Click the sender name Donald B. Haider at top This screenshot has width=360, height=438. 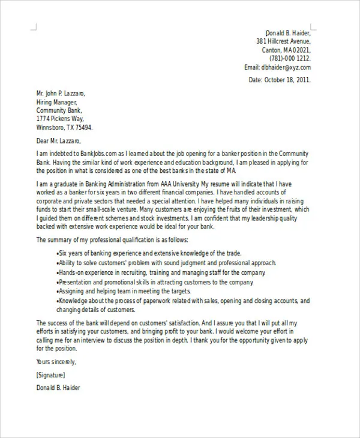coord(288,32)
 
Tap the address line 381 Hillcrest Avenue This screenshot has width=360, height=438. coord(283,41)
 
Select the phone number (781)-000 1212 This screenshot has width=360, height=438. coord(290,59)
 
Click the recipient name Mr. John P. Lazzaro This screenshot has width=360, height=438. coord(61,94)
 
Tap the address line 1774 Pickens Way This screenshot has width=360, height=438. coord(61,119)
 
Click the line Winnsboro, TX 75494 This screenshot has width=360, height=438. coord(64,128)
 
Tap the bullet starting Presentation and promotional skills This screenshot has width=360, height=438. coord(154,282)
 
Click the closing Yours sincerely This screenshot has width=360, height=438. coord(56,362)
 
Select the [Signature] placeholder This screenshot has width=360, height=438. coord(53,375)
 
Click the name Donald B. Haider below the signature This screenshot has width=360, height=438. coord(58,388)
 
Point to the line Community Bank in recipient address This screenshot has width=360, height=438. coord(59,111)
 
